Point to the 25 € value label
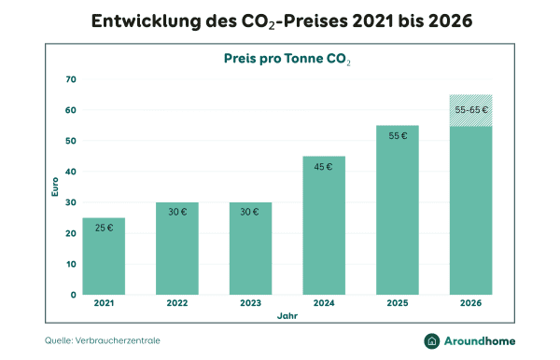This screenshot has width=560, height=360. click(x=104, y=228)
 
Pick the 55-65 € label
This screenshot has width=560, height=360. click(x=471, y=110)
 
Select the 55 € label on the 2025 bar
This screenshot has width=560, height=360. click(x=398, y=136)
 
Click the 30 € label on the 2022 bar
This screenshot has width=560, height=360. click(x=176, y=212)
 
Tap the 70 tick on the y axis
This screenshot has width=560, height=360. click(x=70, y=79)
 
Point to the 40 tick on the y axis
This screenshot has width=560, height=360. click(x=70, y=172)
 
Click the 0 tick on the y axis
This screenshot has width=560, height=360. click(x=73, y=295)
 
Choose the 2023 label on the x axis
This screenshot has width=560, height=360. click(x=250, y=303)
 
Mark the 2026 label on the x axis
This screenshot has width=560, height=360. click(x=471, y=303)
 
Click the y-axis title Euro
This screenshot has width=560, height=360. click(x=53, y=187)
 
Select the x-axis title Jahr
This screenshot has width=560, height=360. click(x=287, y=317)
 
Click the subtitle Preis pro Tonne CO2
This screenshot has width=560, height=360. click(x=287, y=58)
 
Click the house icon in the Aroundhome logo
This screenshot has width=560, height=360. click(x=433, y=341)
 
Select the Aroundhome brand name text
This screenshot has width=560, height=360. click(x=483, y=341)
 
